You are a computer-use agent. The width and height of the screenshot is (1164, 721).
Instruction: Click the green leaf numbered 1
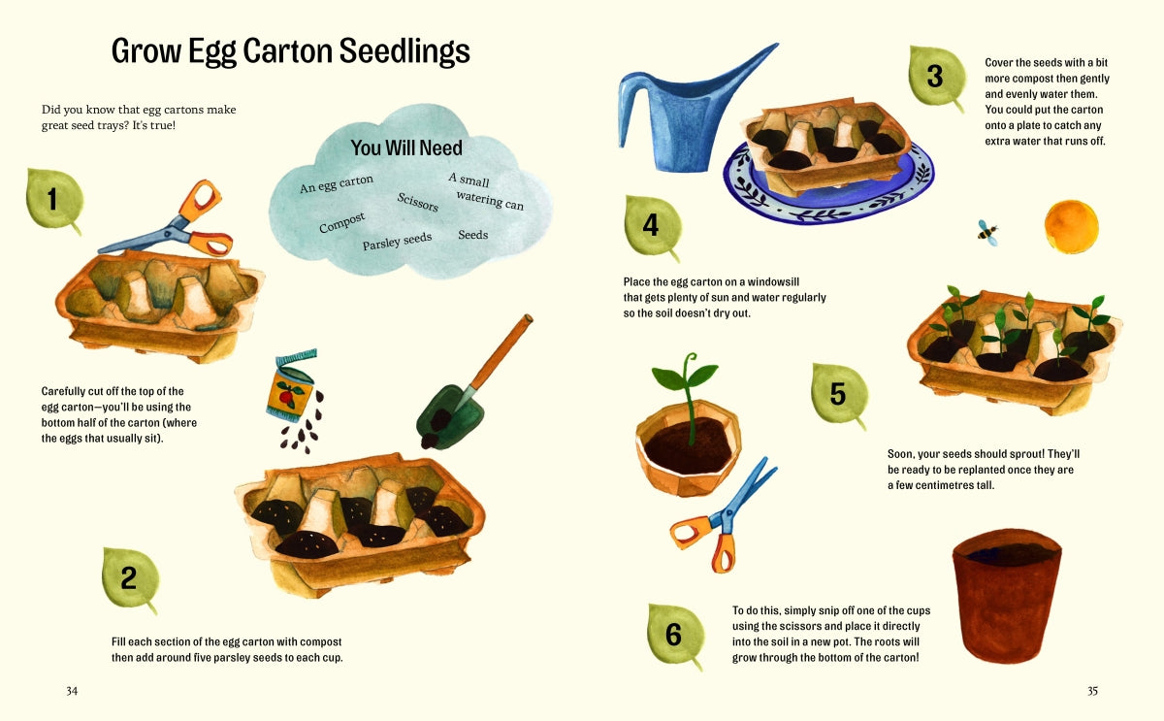coord(53,201)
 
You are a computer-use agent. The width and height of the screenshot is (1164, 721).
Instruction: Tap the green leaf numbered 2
coord(130,579)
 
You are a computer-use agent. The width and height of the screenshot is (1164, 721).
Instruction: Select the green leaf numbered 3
coord(936,78)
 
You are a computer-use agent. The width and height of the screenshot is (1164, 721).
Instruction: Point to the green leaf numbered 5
coord(839,395)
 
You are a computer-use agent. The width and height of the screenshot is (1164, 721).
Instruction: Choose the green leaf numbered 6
coord(674,636)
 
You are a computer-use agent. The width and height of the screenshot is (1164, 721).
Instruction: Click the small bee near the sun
coord(987,231)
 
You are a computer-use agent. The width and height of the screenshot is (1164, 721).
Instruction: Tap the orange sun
coord(1071,227)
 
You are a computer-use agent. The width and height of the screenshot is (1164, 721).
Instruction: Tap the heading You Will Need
coord(406,148)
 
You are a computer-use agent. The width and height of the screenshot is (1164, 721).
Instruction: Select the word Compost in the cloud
coord(342,223)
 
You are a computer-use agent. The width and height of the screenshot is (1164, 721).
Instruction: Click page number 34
coord(72,691)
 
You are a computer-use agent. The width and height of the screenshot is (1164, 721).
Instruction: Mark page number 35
coord(1092,691)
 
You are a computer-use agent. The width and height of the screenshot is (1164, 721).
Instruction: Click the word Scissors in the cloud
coord(418,202)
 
